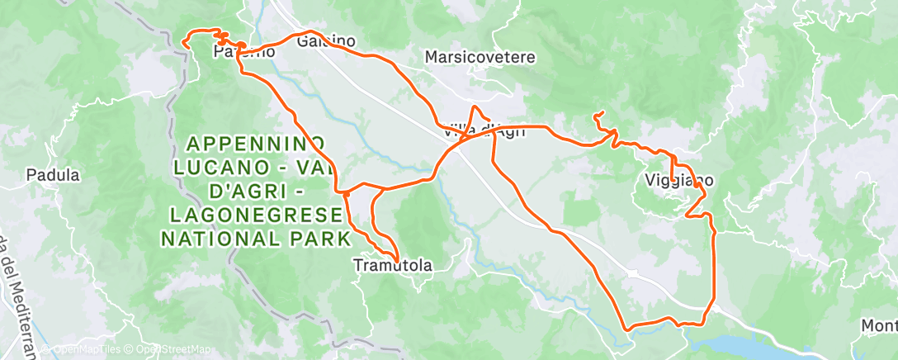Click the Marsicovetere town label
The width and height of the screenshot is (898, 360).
480,58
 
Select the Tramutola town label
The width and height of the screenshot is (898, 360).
393,265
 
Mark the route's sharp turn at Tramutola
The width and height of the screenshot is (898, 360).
399,260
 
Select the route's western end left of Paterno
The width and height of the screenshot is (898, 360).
183,46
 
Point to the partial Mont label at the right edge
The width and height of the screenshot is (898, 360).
879,325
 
